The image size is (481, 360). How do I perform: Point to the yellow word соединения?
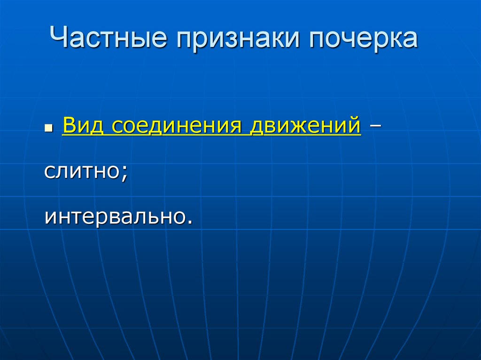coord(177,126)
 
